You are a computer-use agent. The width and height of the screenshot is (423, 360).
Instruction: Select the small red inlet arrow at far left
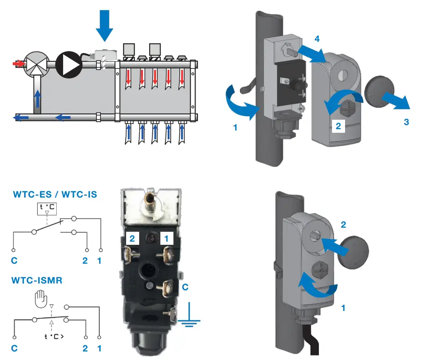(18, 64)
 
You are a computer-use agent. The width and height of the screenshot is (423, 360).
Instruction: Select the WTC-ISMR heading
(36, 280)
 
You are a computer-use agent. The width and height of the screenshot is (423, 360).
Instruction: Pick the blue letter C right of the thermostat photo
(184, 287)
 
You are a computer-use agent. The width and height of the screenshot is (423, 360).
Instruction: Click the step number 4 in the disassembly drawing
(317, 39)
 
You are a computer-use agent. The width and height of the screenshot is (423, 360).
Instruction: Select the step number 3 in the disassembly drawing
(406, 121)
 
